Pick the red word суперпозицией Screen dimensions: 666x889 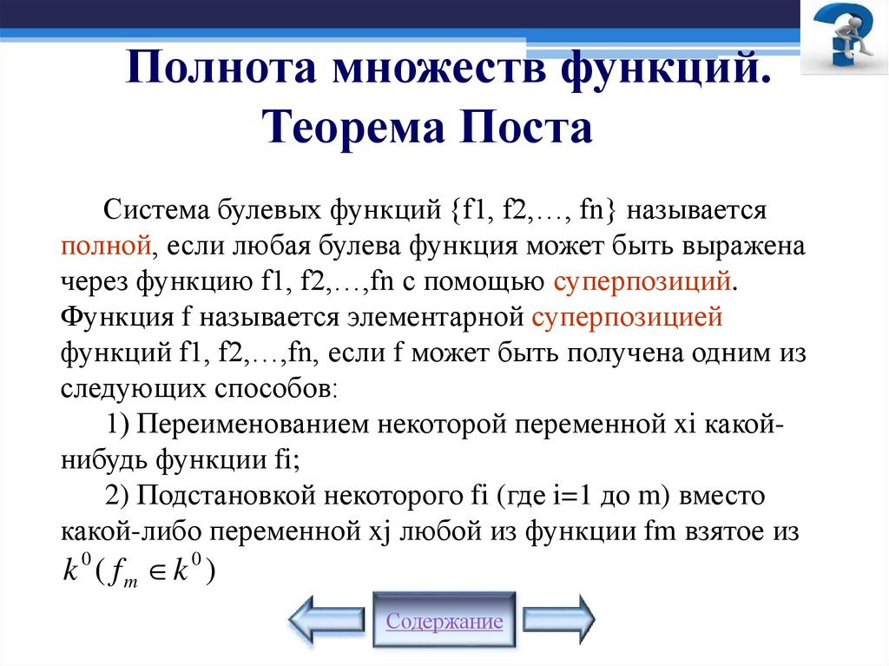coord(627,317)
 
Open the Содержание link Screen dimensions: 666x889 coord(444,622)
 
